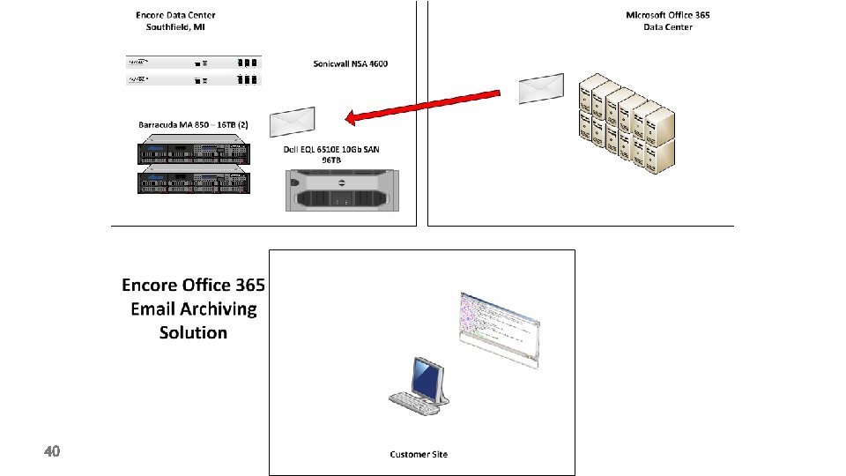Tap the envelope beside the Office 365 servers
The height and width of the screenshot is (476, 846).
tap(540, 88)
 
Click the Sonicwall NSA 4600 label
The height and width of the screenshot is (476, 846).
tap(350, 63)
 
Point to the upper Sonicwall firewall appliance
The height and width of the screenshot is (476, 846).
tap(193, 63)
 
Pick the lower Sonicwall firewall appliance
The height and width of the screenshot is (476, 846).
tap(193, 79)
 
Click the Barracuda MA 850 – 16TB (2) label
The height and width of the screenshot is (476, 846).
tap(193, 124)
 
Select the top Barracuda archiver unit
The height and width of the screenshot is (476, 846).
tap(193, 153)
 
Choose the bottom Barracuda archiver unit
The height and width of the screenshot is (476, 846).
tap(193, 182)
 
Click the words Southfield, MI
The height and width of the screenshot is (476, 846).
tap(175, 27)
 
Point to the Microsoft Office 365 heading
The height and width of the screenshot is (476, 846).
tap(667, 15)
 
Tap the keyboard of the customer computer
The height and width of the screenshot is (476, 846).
tap(414, 403)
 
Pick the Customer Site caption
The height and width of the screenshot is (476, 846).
tap(419, 454)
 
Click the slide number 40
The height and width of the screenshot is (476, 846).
tap(52, 451)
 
